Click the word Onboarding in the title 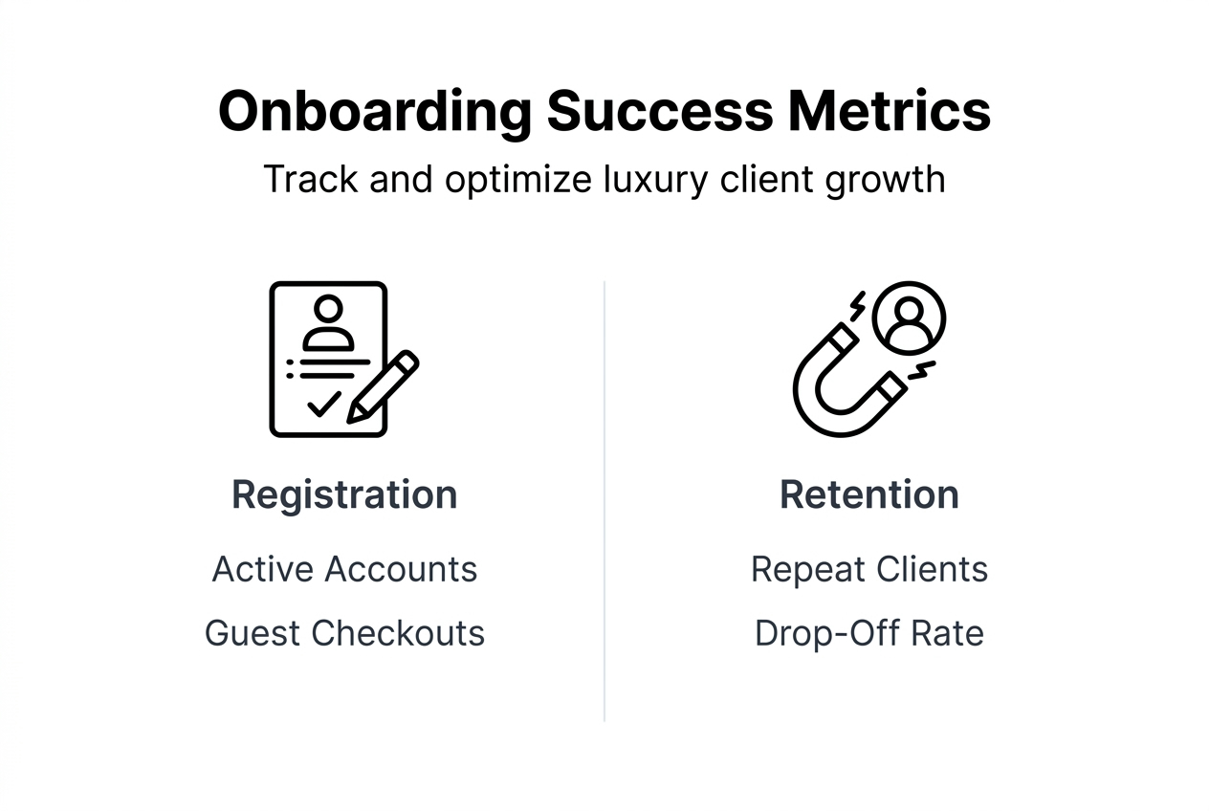click(374, 111)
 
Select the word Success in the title click(659, 111)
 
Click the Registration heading click(344, 495)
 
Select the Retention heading click(868, 495)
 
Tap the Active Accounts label click(344, 569)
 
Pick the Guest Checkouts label click(344, 633)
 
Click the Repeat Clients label click(868, 569)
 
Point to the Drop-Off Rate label click(868, 633)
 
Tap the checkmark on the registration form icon click(323, 404)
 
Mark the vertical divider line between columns click(604, 497)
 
